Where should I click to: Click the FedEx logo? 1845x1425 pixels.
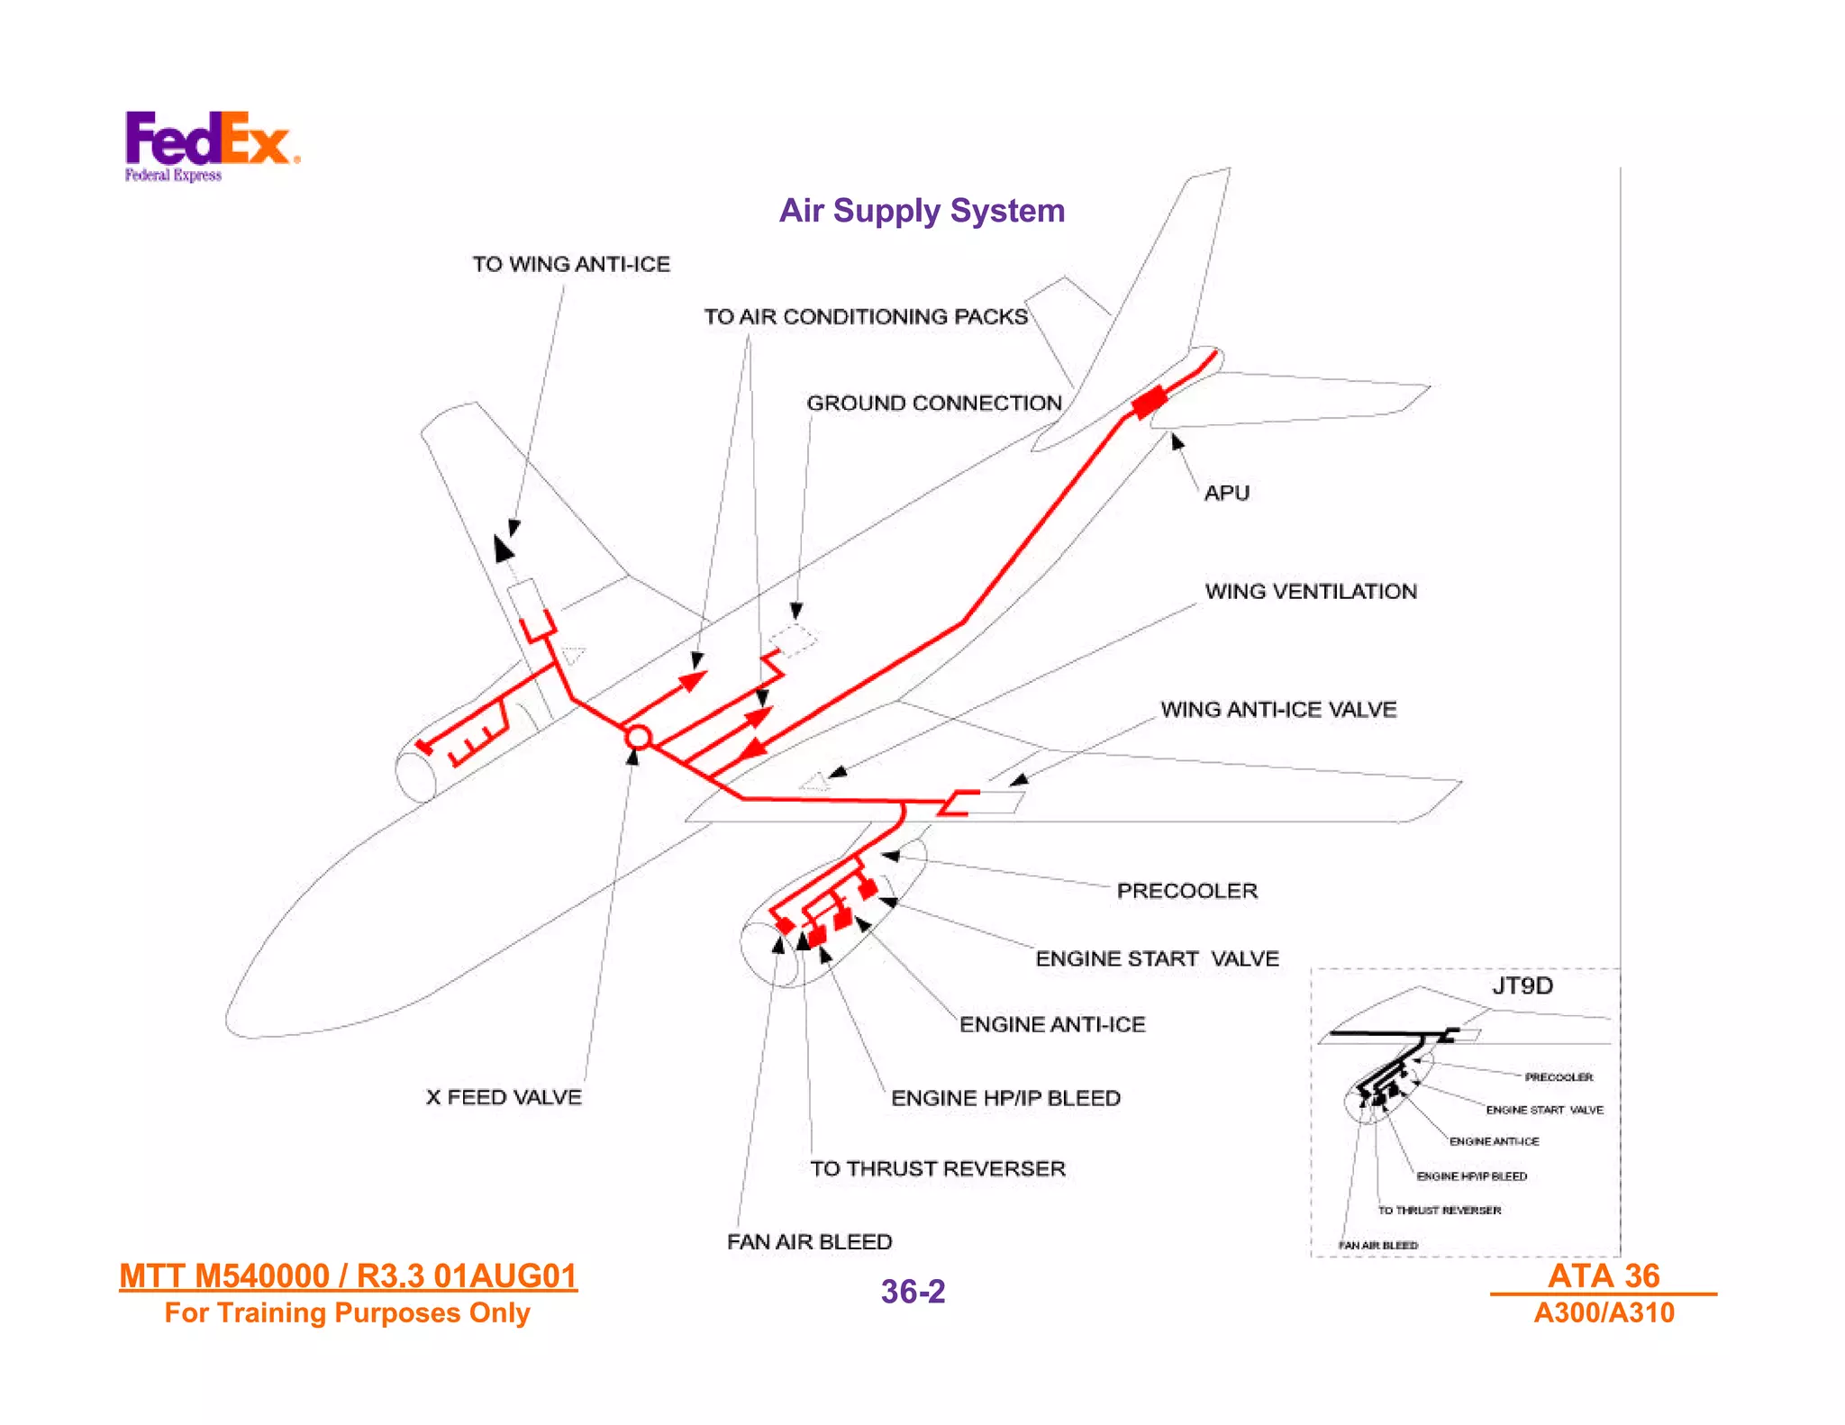point(211,144)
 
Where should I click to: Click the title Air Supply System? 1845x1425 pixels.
point(922,211)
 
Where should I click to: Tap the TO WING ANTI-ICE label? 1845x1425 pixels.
point(571,264)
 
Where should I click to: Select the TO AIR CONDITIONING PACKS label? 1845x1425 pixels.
point(866,317)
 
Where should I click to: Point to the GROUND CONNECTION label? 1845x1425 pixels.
point(934,403)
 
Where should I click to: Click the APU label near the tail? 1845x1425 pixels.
point(1226,493)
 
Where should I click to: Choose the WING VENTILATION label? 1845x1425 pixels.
point(1311,592)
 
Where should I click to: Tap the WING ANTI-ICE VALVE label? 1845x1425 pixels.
point(1278,710)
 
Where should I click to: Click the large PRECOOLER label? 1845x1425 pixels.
point(1186,891)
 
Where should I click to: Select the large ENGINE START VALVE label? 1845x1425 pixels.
point(1157,958)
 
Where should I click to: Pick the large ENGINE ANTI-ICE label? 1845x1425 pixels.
point(1052,1024)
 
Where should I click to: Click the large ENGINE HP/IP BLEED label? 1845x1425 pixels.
point(1005,1098)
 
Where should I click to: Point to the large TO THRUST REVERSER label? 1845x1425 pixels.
point(937,1168)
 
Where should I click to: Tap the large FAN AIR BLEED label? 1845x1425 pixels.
point(809,1242)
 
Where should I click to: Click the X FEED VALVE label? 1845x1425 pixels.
point(504,1097)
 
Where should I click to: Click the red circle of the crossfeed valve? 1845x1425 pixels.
point(638,738)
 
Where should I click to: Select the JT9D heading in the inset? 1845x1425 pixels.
point(1522,985)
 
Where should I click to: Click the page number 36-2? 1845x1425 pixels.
point(913,1292)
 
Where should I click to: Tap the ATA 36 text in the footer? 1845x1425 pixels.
point(1603,1275)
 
